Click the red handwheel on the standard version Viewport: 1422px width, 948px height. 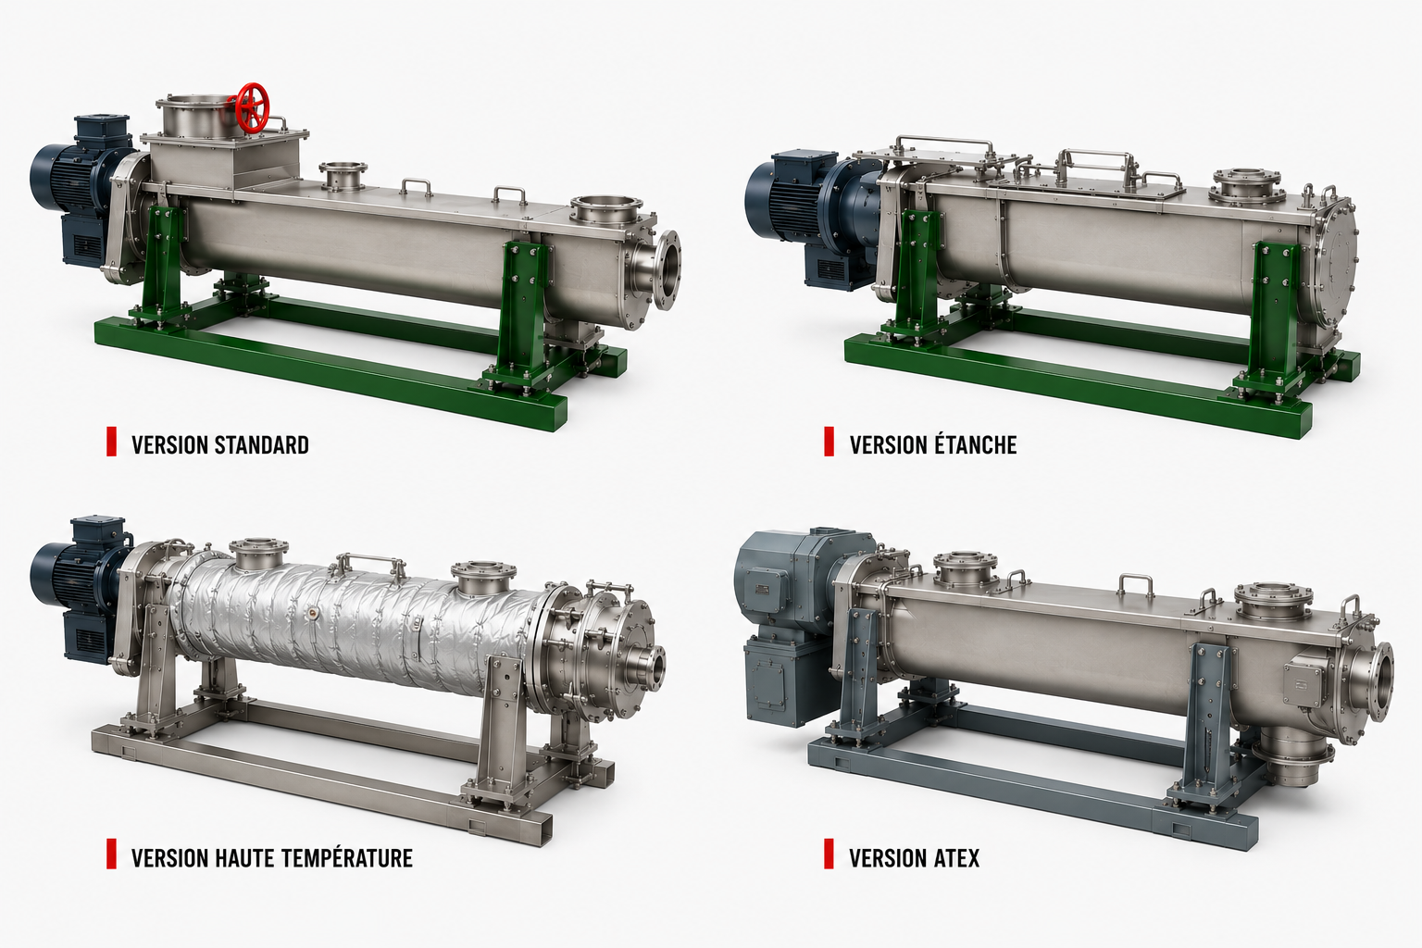[253, 107]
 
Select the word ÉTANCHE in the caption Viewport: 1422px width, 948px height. [976, 444]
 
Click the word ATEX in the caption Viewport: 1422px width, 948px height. [955, 858]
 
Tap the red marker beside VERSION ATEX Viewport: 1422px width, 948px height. [829, 854]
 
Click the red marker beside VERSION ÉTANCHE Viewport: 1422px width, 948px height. [829, 442]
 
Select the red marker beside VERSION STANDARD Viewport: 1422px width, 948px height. [111, 442]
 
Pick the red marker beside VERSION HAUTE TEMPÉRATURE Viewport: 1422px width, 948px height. [111, 854]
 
